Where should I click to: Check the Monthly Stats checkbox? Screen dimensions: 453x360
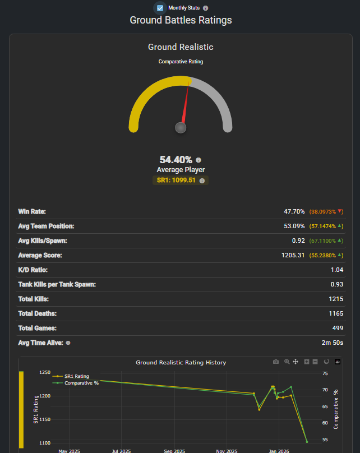coord(160,8)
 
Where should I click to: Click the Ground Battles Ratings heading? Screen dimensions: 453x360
coord(181,20)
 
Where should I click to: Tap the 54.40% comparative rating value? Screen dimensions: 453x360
coord(176,160)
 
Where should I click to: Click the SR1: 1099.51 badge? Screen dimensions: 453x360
coord(176,181)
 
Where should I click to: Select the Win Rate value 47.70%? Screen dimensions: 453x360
coord(294,211)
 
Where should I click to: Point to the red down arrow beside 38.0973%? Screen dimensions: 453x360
coord(340,211)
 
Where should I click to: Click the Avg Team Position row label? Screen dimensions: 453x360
coord(54,226)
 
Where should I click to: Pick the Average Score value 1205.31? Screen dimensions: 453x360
coord(293,255)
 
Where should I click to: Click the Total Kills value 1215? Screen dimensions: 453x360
coord(335,299)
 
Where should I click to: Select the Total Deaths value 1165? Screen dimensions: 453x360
coord(335,313)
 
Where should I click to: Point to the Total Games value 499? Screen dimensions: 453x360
coord(338,328)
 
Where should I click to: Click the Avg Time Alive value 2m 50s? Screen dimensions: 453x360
coord(331,343)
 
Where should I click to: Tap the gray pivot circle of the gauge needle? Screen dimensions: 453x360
coord(181,128)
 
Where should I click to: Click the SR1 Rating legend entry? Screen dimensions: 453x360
coord(76,376)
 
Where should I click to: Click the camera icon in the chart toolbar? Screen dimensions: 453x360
coord(276,362)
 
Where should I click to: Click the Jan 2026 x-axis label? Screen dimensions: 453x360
coord(279,450)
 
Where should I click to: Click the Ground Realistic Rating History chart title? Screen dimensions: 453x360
coord(181,363)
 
